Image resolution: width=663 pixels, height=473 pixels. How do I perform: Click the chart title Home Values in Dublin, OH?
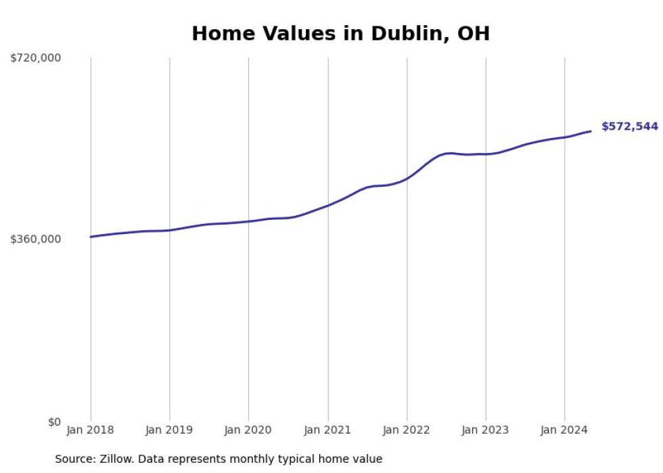[340, 33]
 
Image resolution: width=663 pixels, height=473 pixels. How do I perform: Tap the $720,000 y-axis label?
[35, 58]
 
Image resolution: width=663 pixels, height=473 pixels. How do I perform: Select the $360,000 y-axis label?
[35, 240]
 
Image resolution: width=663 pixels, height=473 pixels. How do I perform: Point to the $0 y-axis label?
[54, 422]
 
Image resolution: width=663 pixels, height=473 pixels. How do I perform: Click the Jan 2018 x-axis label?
[91, 430]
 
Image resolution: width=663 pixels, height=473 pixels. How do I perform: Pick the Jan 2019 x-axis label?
[169, 430]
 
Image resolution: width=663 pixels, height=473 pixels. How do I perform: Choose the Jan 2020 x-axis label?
[248, 430]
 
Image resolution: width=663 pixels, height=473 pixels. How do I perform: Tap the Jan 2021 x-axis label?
[328, 430]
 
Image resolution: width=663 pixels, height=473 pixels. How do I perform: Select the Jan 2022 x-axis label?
[407, 430]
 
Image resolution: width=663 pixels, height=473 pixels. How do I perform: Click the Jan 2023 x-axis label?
[486, 430]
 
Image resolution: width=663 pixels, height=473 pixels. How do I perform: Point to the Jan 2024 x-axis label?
[565, 430]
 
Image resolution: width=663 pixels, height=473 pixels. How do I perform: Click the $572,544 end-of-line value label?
[629, 127]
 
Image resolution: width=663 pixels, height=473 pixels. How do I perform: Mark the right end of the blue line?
[591, 131]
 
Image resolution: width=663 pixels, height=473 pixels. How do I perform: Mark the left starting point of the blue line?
[91, 237]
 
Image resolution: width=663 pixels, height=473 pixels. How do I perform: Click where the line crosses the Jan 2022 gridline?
[407, 178]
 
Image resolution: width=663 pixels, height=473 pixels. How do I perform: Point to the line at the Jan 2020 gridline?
[248, 221]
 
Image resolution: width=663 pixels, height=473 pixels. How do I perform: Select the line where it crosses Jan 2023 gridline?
[486, 154]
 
